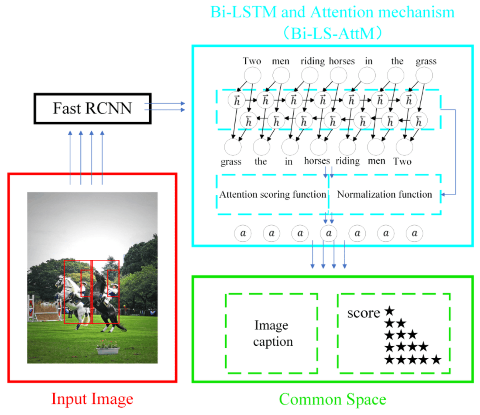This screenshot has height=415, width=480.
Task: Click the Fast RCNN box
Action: (92, 108)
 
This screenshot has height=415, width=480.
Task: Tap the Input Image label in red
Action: (92, 399)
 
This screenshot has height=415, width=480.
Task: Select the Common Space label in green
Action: (332, 399)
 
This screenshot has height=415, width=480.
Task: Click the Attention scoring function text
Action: (272, 194)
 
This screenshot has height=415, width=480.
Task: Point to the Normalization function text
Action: (384, 194)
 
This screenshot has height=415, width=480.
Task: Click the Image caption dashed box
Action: (272, 333)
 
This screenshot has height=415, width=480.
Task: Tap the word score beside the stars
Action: (363, 313)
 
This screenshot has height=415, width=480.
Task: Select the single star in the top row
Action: (389, 311)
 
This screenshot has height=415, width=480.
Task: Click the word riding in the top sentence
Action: (312, 61)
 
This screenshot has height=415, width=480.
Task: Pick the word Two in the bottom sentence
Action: (402, 161)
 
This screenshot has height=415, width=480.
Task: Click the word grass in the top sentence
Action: (426, 61)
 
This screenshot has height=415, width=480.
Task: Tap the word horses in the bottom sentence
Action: (317, 161)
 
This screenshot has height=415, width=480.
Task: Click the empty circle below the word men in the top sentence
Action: (281, 75)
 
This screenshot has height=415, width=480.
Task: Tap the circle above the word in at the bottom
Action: (290, 147)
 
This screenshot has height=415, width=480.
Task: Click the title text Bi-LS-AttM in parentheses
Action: (332, 33)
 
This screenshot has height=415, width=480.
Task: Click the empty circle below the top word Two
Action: (252, 75)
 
